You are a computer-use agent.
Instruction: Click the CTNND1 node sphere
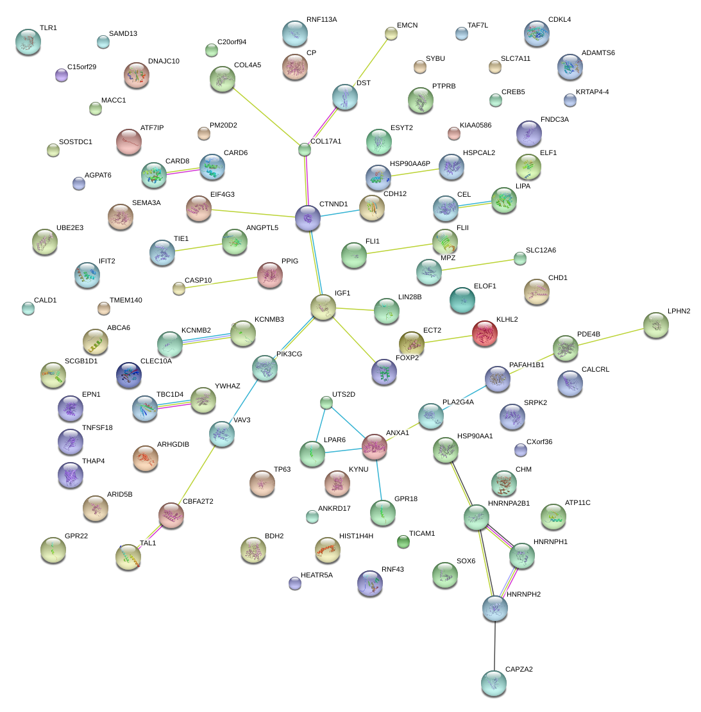pos(308,219)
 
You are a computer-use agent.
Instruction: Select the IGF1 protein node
pos(323,307)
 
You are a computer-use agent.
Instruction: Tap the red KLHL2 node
pos(485,333)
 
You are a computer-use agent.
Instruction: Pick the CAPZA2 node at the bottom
pos(493,683)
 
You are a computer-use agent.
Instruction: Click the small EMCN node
pos(391,33)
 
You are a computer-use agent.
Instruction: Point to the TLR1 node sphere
pos(28,41)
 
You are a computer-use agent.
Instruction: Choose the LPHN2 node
pos(655,325)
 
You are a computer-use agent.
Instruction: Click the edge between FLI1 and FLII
pos(399,249)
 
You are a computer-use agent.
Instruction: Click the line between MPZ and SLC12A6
pos(475,265)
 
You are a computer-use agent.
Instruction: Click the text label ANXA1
pos(398,433)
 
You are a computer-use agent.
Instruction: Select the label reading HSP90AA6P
pos(410,164)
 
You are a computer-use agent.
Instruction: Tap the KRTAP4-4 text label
pos(592,92)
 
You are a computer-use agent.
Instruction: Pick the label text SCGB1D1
pos(81,361)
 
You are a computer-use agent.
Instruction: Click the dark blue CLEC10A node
pos(128,375)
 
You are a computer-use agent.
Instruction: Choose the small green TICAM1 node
pos(403,542)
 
